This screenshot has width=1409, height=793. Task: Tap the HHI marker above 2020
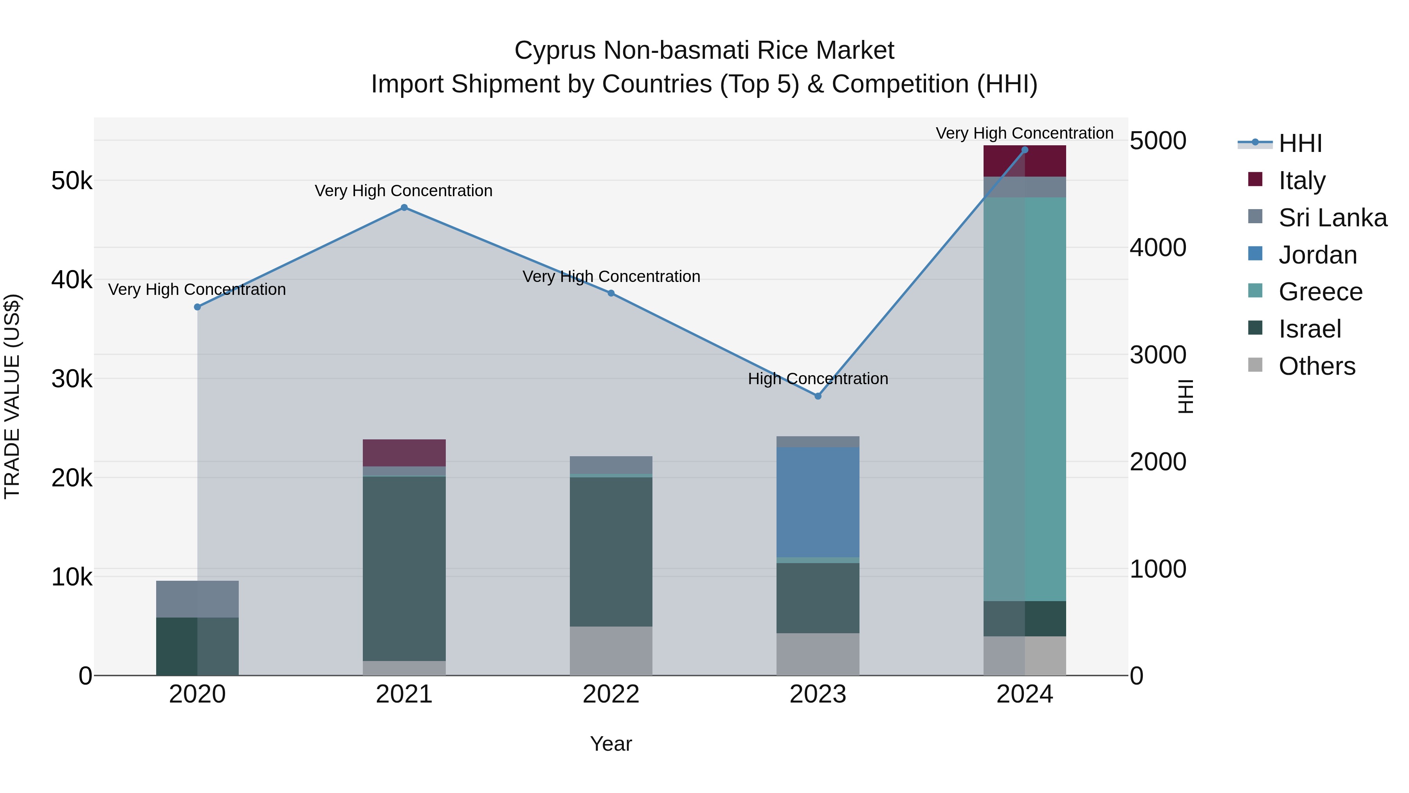198,307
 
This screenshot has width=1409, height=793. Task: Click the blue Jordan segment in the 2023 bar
818,502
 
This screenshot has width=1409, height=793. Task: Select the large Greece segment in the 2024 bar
1025,399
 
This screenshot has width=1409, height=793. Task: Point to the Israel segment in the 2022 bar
611,552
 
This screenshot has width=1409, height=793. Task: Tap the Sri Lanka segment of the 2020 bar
198,599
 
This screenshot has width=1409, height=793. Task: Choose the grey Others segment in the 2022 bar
611,651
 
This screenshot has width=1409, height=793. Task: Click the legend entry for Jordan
1317,255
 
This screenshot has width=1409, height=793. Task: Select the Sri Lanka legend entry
1332,218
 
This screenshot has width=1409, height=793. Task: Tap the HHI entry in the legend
1299,143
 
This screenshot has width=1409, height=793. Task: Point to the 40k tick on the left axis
72,280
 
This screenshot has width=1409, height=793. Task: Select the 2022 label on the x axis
611,694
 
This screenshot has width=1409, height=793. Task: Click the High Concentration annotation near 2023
818,379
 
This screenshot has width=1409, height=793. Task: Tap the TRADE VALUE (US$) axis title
12,396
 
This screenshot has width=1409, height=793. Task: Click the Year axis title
611,744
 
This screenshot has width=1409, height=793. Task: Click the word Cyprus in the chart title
555,51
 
